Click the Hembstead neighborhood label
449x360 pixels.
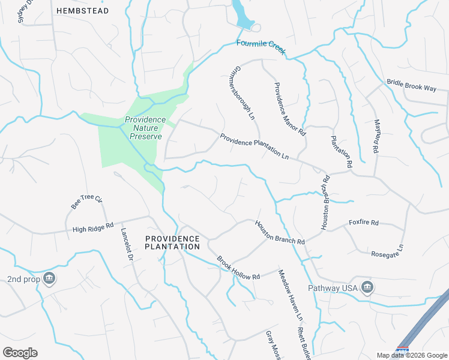(x=83, y=11)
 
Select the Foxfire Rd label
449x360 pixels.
(x=364, y=223)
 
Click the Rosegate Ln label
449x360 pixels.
(x=388, y=254)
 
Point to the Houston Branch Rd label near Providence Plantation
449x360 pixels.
(x=280, y=232)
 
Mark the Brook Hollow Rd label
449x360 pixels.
(x=238, y=268)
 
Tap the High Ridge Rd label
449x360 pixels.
(x=93, y=227)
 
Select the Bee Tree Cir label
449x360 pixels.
(x=88, y=202)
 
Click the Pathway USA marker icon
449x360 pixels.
(x=367, y=288)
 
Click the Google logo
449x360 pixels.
(x=20, y=353)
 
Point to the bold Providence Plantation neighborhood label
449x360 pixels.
(x=173, y=242)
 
